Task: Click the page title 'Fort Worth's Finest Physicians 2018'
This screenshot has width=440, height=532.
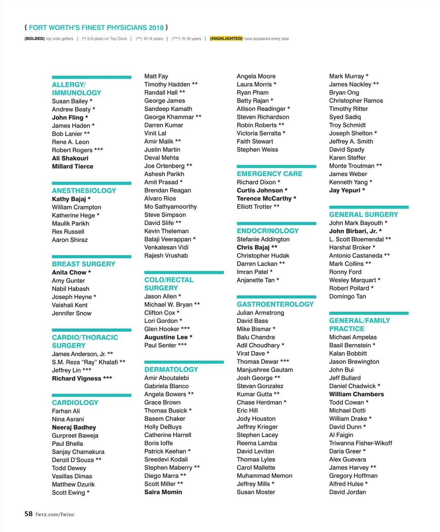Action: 96,28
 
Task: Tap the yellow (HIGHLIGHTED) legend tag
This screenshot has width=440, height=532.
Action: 226,39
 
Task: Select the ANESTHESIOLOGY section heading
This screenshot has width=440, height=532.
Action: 84,190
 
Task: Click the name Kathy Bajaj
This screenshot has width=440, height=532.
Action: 69,199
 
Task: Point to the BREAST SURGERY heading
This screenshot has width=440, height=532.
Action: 84,264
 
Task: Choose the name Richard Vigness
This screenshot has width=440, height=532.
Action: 77,378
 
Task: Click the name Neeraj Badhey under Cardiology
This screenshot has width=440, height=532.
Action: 74,427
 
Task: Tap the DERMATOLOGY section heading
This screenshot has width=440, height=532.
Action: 171,369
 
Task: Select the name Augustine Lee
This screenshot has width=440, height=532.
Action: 166,337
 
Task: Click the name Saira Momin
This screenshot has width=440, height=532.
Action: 163,492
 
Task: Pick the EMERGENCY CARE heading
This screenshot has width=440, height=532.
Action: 269,174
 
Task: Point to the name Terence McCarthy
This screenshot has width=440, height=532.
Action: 264,198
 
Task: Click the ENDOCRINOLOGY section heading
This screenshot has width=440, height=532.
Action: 268,231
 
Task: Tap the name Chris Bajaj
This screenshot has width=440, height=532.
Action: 253,247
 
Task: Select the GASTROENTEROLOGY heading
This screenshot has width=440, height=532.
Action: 275,304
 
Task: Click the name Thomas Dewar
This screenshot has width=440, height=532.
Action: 258,361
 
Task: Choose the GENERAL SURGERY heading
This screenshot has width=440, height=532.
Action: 364,214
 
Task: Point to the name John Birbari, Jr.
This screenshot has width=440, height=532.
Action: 353,231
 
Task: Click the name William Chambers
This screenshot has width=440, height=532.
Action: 356,394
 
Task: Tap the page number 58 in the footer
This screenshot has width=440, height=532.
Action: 29,514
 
